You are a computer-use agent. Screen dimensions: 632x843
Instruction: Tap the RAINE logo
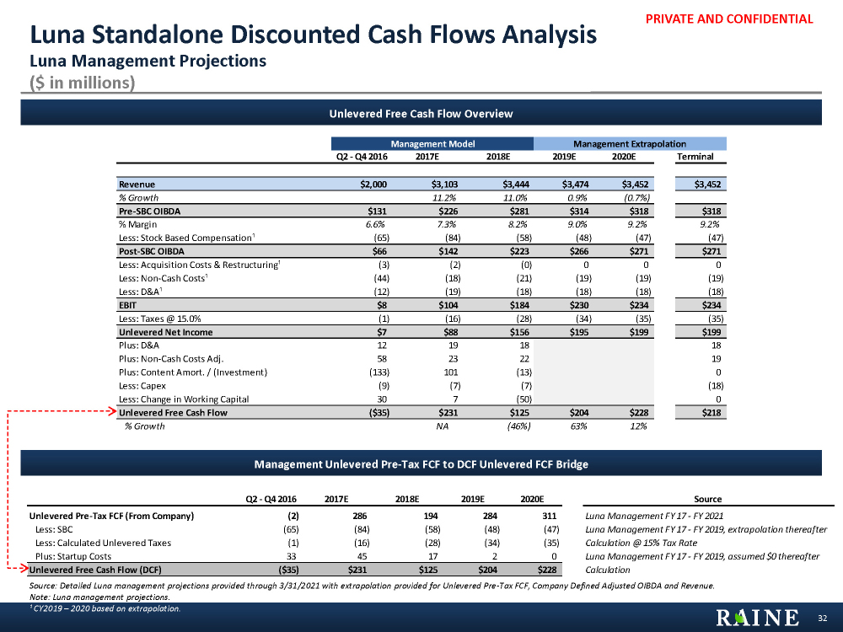(x=758, y=618)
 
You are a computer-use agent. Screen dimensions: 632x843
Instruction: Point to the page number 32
(x=823, y=619)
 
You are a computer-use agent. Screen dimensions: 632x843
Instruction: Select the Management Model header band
(x=432, y=144)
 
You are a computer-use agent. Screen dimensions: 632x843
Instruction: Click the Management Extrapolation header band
(x=629, y=144)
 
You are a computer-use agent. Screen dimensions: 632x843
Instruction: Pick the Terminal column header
(x=695, y=157)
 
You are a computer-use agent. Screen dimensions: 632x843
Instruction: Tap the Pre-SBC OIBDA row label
(x=148, y=211)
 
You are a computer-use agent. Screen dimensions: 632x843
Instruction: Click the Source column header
(x=707, y=499)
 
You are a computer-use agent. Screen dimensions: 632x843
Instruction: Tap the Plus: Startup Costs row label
(x=73, y=556)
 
